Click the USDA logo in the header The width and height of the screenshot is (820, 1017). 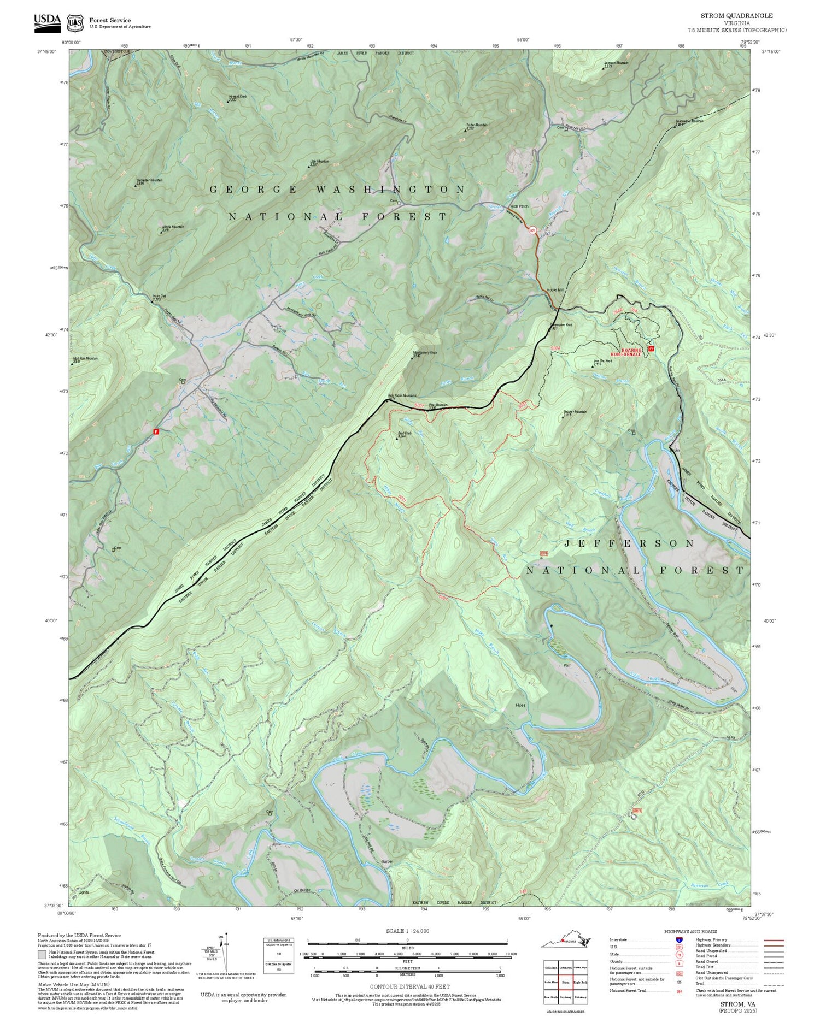[x=48, y=21]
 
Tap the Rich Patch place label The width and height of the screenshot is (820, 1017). [x=519, y=206]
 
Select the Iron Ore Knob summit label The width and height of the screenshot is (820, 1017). [x=601, y=362]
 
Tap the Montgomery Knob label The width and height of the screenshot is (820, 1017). [x=424, y=353]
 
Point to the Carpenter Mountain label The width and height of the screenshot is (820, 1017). [x=149, y=181]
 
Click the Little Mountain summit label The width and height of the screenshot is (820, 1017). [x=319, y=162]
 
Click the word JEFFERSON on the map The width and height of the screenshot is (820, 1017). [x=629, y=543]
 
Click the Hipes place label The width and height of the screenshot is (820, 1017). [x=520, y=705]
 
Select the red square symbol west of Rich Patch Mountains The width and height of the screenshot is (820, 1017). [x=156, y=431]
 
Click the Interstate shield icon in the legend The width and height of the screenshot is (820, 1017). [x=679, y=939]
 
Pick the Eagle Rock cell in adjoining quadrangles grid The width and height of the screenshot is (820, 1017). [x=580, y=982]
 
